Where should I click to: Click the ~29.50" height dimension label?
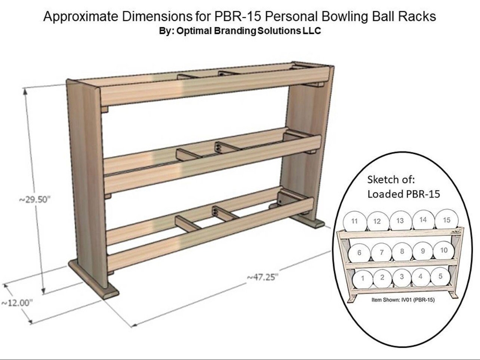point(34,199)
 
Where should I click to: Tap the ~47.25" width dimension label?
point(262,277)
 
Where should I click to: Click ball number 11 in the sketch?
point(354,221)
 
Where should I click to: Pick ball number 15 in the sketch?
point(446,220)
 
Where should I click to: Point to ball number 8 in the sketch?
point(402,251)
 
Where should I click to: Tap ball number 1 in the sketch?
point(363,279)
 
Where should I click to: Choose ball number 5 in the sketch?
point(440,277)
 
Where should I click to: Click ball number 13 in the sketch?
point(400,220)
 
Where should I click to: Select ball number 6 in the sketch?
point(359,253)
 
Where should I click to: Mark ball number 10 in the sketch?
point(444,250)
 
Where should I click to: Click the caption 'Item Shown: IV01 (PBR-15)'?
point(403,300)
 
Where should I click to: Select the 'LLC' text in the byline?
point(311,31)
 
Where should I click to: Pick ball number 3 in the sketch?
point(401,277)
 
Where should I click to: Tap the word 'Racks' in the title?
point(420,16)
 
